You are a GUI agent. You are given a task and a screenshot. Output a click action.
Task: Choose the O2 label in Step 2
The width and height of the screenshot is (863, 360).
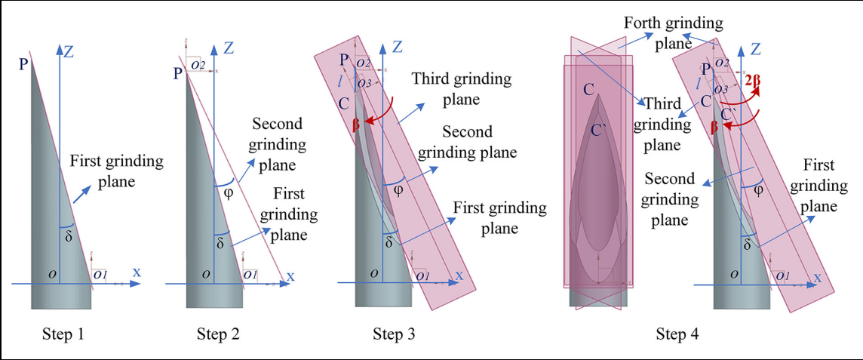pyautogui.click(x=198, y=66)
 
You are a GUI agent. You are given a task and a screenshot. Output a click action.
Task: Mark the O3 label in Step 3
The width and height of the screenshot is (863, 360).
pyautogui.click(x=364, y=83)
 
